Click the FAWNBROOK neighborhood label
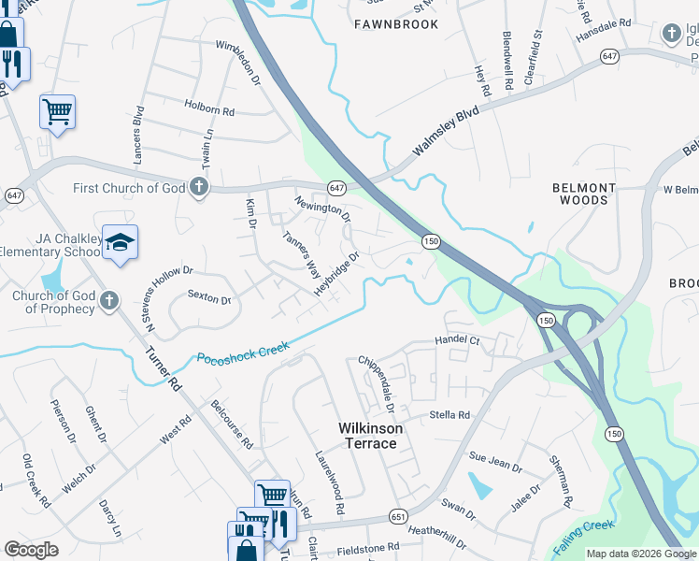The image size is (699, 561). (x=396, y=24)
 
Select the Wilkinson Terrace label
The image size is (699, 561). (x=371, y=436)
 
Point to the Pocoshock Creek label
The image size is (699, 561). (x=243, y=352)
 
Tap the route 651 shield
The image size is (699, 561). (x=399, y=516)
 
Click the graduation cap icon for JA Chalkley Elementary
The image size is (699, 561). (x=120, y=243)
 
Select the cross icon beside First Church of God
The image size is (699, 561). (x=198, y=188)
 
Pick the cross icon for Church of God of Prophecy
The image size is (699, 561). (x=109, y=301)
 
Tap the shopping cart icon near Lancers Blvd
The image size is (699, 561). (x=57, y=112)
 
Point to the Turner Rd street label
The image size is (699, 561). (x=160, y=367)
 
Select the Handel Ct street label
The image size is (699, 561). (x=457, y=341)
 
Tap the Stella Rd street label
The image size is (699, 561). (x=449, y=414)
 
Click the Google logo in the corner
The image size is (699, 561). (x=31, y=550)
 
